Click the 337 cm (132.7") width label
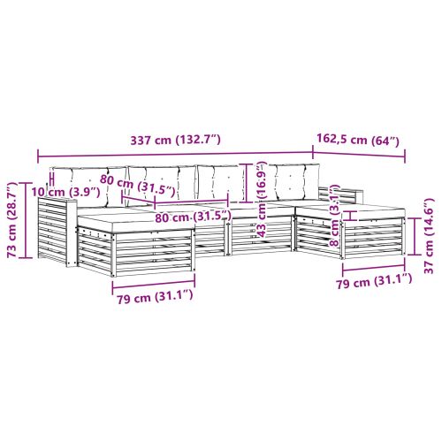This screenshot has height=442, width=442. [x=175, y=140]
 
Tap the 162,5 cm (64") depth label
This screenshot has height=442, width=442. [x=358, y=140]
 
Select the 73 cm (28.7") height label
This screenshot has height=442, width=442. [x=13, y=220]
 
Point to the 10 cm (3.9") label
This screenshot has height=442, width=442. [x=65, y=192]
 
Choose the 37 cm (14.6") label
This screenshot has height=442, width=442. [x=429, y=236]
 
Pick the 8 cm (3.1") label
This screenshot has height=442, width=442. [x=335, y=216]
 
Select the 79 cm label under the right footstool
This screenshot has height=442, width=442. [x=374, y=281]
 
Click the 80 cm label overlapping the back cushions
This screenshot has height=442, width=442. [x=138, y=186]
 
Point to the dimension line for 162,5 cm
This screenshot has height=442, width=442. [x=359, y=155]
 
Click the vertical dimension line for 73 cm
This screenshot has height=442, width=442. [x=27, y=220]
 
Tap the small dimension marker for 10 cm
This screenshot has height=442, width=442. [x=52, y=179]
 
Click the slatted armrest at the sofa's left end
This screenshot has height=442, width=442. [x=57, y=232]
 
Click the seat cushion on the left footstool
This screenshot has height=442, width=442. [x=136, y=223]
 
